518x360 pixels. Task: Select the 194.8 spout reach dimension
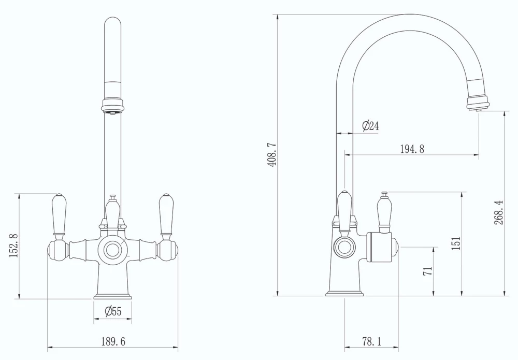click(412, 149)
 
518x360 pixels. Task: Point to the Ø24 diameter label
click(370, 126)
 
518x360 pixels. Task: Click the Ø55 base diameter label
click(112, 311)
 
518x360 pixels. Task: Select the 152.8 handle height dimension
click(14, 246)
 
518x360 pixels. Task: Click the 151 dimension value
click(456, 243)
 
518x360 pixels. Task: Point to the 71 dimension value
click(428, 271)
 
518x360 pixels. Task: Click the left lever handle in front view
click(59, 214)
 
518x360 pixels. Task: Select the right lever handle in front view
click(166, 214)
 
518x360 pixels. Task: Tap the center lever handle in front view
click(112, 212)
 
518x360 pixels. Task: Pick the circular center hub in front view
click(112, 250)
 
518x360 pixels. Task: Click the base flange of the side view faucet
click(344, 294)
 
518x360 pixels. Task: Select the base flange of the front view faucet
click(112, 297)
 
